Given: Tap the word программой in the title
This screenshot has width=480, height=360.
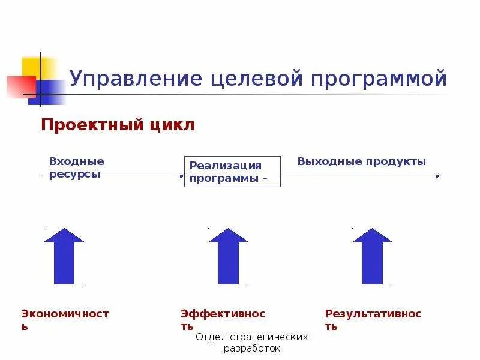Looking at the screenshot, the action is point(384,79).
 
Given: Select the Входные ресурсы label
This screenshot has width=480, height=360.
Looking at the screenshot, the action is point(76,167).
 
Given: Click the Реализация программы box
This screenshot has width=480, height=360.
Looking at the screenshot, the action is point(232,172).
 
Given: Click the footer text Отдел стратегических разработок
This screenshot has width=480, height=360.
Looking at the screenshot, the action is point(252,342).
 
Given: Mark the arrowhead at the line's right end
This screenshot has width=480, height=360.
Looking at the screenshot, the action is point(437,176).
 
